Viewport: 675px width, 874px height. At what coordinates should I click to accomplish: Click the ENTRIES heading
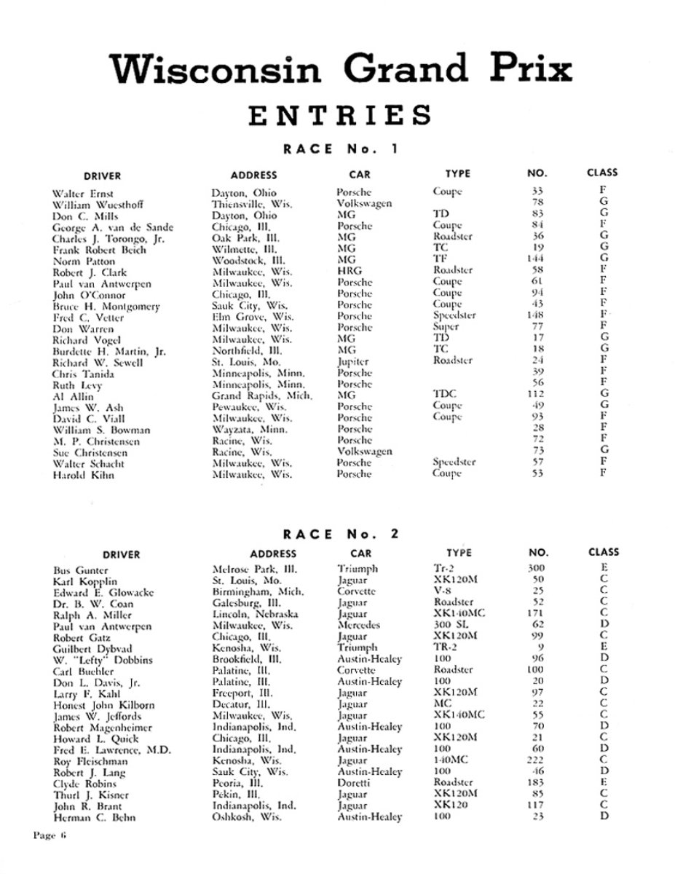340,115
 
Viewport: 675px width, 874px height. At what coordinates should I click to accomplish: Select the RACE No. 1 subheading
340,149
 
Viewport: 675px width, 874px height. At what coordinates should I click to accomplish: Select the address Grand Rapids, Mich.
261,395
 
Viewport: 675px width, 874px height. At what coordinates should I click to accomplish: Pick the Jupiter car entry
353,362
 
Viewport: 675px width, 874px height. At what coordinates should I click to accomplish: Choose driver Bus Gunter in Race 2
81,570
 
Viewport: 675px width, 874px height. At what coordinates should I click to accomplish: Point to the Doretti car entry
354,783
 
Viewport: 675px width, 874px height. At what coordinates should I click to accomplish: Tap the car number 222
535,760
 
